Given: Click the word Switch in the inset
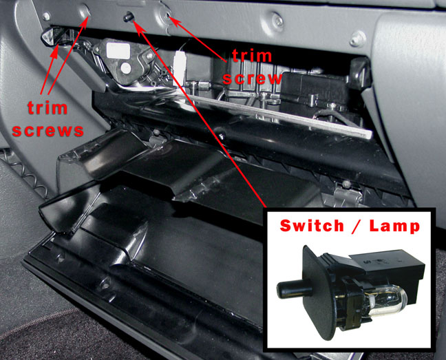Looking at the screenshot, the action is pos(312,226).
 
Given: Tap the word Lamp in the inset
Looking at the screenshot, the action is pos(394,226).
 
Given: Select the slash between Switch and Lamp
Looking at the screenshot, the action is pos(357,226).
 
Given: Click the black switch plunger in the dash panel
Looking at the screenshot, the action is pos(129,17).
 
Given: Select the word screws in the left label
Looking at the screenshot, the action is pos(47,131).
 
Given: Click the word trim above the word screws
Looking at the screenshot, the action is pos(47,108).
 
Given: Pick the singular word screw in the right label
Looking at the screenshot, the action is pos(252,78).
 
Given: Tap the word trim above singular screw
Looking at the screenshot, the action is pos(252,56).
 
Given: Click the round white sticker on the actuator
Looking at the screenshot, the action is pos(125,69).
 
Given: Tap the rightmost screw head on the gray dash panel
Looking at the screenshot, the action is pos(357,39).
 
